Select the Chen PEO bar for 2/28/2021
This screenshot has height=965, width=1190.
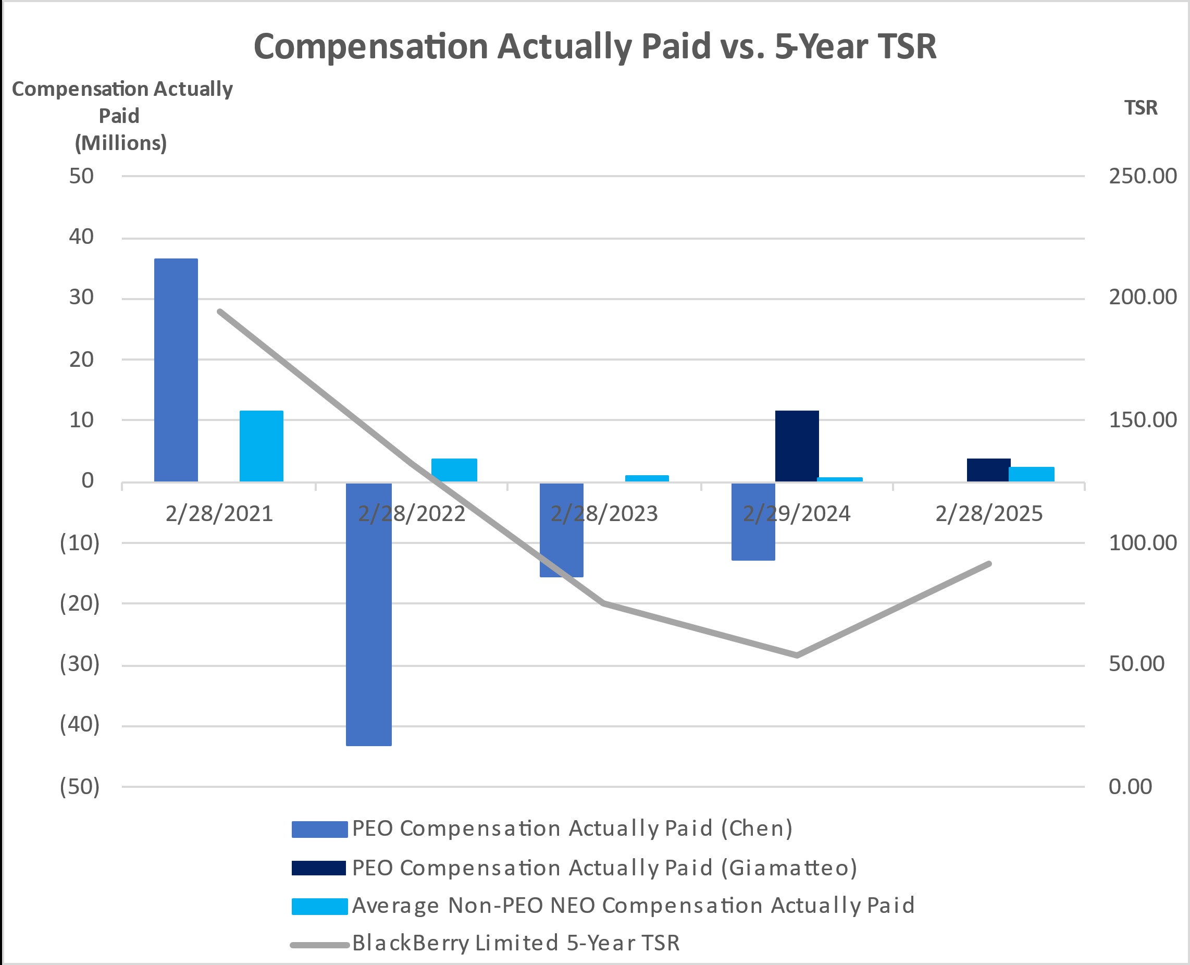point(176,369)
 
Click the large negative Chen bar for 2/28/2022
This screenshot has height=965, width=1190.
point(368,614)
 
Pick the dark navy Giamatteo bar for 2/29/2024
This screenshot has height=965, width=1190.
point(797,446)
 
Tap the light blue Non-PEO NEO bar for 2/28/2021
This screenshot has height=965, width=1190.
point(261,446)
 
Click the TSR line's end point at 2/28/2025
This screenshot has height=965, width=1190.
point(989,564)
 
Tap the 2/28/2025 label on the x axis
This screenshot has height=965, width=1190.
point(989,513)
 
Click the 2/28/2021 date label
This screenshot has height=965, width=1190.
point(219,513)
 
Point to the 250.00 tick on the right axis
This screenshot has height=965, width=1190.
point(1142,176)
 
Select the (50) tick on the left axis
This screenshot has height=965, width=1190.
point(80,787)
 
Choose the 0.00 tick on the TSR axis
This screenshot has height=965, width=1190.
point(1130,787)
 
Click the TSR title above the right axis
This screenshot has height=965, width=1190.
point(1141,107)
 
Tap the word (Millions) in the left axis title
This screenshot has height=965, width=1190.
point(120,143)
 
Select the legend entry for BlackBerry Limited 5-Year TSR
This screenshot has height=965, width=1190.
point(515,943)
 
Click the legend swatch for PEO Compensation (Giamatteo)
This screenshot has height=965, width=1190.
point(319,868)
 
